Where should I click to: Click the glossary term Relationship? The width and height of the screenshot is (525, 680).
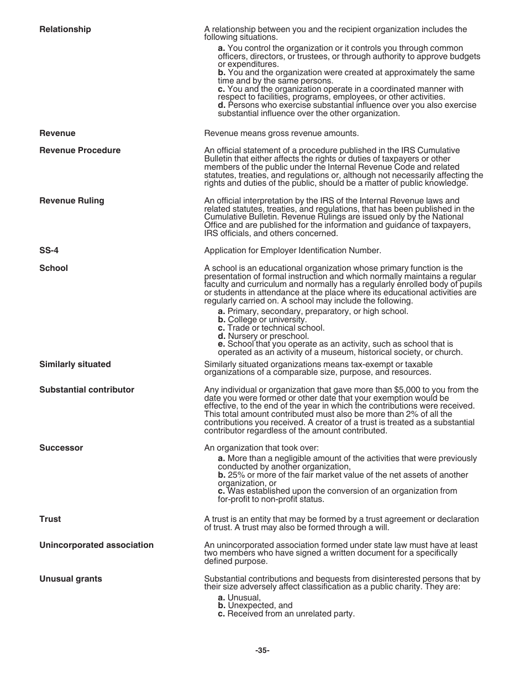[x=65, y=29]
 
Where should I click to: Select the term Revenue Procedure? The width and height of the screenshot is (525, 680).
[x=80, y=150]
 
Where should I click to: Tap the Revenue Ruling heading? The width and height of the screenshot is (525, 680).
[x=71, y=201]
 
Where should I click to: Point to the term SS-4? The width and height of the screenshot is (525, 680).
[x=49, y=250]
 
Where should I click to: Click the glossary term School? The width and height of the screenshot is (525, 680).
[x=54, y=268]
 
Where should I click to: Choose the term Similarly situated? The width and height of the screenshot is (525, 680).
[x=75, y=364]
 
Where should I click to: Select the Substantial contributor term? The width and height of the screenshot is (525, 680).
[x=87, y=390]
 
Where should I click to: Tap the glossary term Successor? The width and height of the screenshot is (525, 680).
[x=61, y=448]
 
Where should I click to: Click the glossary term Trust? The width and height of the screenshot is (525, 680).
[x=50, y=519]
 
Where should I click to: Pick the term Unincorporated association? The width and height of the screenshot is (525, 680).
[x=96, y=545]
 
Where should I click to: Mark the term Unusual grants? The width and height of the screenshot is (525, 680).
[x=70, y=579]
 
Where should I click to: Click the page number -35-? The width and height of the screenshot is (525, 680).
[x=262, y=651]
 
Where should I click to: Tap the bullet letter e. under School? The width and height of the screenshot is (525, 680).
[x=222, y=344]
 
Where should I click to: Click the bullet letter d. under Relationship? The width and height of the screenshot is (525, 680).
[x=222, y=105]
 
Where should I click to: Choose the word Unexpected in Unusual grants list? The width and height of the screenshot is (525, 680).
[x=249, y=605]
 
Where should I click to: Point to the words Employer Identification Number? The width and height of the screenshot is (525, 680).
[x=332, y=250]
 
